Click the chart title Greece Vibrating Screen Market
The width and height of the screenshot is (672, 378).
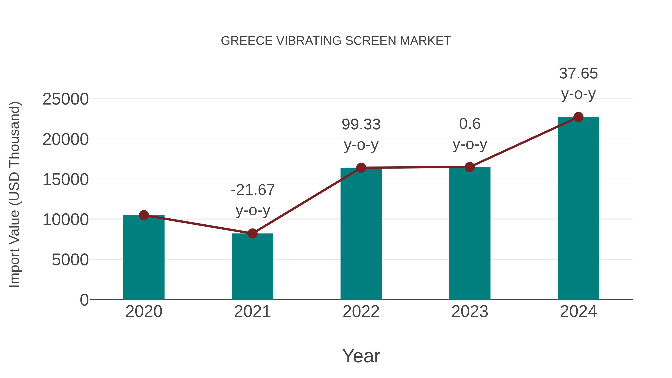[336, 41]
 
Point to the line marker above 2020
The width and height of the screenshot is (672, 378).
[144, 215]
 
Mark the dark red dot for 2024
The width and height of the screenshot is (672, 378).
[578, 117]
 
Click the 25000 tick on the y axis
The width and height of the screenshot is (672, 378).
[66, 99]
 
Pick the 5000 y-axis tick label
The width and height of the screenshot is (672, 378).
[70, 260]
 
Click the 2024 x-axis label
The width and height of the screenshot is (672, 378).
[578, 312]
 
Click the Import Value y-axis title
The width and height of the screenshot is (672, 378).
[14, 194]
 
